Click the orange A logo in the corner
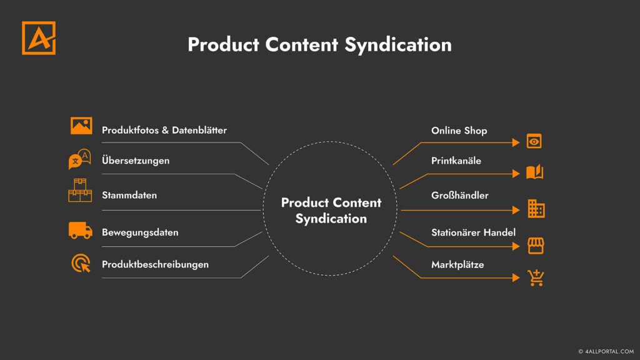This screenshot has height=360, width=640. [39, 37]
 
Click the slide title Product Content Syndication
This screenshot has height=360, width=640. [319, 45]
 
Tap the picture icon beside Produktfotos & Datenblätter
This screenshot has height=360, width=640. [81, 126]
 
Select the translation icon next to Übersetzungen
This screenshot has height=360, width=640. [79, 159]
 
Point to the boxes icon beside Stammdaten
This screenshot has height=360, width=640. [80, 191]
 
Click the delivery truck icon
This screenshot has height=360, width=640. [81, 230]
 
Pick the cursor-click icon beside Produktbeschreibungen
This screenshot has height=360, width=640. [81, 263]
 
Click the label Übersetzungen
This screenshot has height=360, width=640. [136, 161]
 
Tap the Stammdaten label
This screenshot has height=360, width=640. [129, 195]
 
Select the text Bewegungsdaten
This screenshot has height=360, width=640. [140, 232]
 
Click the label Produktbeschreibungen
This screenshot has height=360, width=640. [155, 264]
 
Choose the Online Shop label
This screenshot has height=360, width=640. [459, 131]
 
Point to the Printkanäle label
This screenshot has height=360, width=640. [456, 161]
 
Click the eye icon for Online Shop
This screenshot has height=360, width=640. [534, 141]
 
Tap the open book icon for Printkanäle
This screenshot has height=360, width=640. [534, 172]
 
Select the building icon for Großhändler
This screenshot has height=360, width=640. [536, 209]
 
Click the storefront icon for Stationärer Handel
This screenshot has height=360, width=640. [536, 245]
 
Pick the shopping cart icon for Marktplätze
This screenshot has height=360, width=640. [536, 277]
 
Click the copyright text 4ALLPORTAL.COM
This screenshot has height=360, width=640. [606, 351]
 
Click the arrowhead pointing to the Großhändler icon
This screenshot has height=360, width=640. [516, 210]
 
